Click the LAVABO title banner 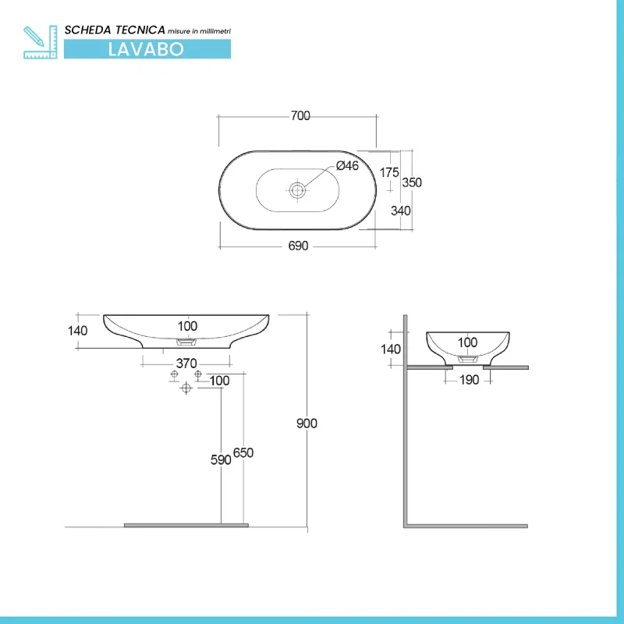click(147, 48)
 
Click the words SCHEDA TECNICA click(115, 29)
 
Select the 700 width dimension click(300, 116)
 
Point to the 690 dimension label click(299, 246)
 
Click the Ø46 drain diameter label click(347, 165)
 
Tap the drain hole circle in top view click(297, 189)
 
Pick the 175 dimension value click(390, 172)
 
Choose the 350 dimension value click(412, 183)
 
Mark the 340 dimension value click(401, 211)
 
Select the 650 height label click(244, 453)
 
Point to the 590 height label click(221, 460)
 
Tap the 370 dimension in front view click(186, 363)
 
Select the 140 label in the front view click(78, 330)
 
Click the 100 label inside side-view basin click(467, 342)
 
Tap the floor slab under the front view click(186, 525)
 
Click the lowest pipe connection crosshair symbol click(186, 388)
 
